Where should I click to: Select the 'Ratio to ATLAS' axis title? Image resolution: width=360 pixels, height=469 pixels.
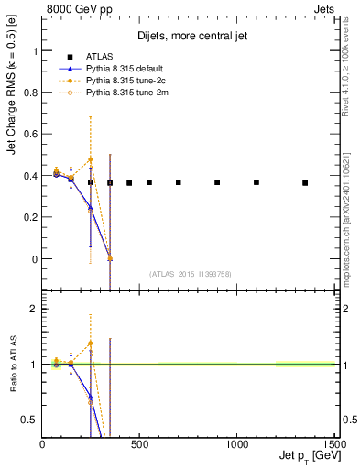coord(12,365)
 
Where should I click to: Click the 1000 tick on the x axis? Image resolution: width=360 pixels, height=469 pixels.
coord(237,445)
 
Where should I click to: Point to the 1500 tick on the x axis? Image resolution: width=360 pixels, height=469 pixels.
coord(333,445)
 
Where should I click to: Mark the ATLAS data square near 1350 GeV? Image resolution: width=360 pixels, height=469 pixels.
coord(305,183)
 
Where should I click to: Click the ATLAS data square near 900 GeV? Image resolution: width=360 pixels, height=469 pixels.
coord(217,182)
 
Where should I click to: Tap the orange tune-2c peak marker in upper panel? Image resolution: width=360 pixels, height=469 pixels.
coord(90,159)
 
